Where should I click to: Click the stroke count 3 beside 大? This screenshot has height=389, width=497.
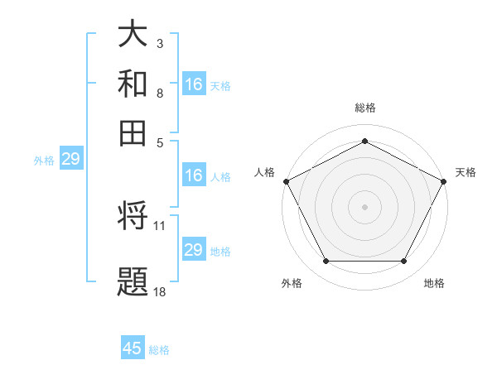coord(159,42)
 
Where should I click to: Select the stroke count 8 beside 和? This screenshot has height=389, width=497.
coord(159,93)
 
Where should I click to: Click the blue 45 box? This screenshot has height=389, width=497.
coord(133,348)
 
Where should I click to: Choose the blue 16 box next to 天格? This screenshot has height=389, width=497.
coord(194,84)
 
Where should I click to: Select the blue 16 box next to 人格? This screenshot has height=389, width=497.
coord(194,175)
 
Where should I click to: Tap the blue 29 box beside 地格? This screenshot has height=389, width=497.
coord(194,250)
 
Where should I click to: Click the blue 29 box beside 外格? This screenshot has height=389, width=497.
coord(70,160)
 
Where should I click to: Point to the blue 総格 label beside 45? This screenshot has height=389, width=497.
coord(159,350)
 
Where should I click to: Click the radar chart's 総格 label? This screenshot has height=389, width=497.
coord(364,108)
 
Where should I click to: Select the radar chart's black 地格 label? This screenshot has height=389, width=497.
coord(434,283)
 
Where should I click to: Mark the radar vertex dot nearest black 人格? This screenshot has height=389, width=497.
coord(286,180)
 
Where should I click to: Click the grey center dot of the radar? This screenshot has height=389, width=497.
coord(364,206)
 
